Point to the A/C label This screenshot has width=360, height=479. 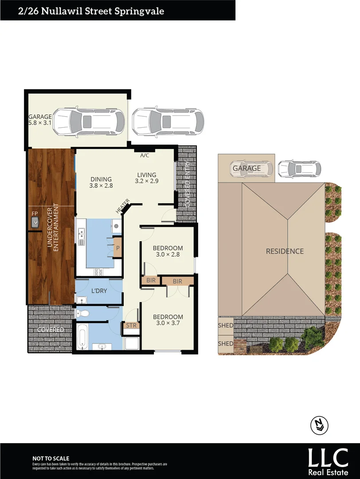pos(145,156)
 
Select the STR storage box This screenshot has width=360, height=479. pos(131,326)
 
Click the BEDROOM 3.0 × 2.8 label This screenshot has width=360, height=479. pos(168,251)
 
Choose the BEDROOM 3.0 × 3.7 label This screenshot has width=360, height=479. pos(168,321)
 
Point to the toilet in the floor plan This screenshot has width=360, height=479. pos(82,314)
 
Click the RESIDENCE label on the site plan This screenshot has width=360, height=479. pos(285,251)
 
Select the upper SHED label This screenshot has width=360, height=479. pos(225,326)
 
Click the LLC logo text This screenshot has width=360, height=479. pos(329,457)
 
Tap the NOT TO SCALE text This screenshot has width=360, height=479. pos(51,459)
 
